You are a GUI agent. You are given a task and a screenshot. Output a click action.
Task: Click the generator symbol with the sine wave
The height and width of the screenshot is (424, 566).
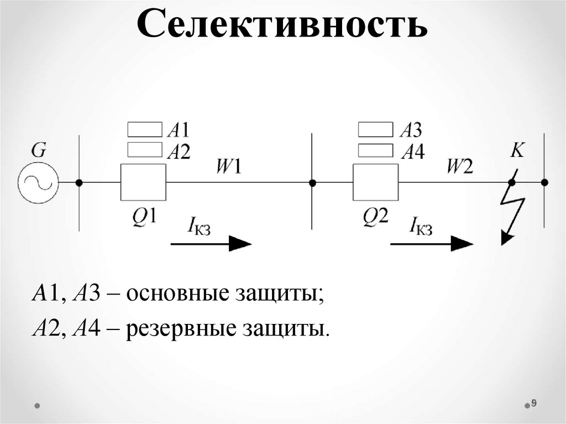[x=38, y=182]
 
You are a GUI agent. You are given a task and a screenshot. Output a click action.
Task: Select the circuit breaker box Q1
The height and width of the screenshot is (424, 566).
[x=143, y=182]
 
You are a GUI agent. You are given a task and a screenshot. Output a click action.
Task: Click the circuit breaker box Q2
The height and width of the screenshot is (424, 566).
[x=375, y=182]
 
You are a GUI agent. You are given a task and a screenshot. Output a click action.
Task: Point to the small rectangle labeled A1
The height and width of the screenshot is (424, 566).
[x=145, y=130]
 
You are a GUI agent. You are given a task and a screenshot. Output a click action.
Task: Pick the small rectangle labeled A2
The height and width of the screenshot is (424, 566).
[x=145, y=149]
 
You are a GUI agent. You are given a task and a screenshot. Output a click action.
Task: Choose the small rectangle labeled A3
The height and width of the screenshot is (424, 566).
[x=376, y=130]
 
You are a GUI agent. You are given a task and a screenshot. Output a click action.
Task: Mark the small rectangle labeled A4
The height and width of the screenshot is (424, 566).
[x=376, y=150]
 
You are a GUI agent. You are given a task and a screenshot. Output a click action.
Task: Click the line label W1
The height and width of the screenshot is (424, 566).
[x=228, y=166]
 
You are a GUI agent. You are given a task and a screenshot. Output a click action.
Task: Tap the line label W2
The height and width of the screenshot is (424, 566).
[x=460, y=166]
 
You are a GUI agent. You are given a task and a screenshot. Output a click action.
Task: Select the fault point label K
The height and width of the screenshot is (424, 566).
[x=517, y=150]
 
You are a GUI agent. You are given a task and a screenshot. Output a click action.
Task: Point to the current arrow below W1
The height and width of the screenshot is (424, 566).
[x=211, y=243]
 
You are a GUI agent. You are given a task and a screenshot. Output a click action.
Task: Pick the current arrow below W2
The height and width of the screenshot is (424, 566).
[x=432, y=243]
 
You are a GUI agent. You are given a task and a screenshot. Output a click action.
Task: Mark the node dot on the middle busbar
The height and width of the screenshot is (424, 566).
[x=312, y=182]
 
